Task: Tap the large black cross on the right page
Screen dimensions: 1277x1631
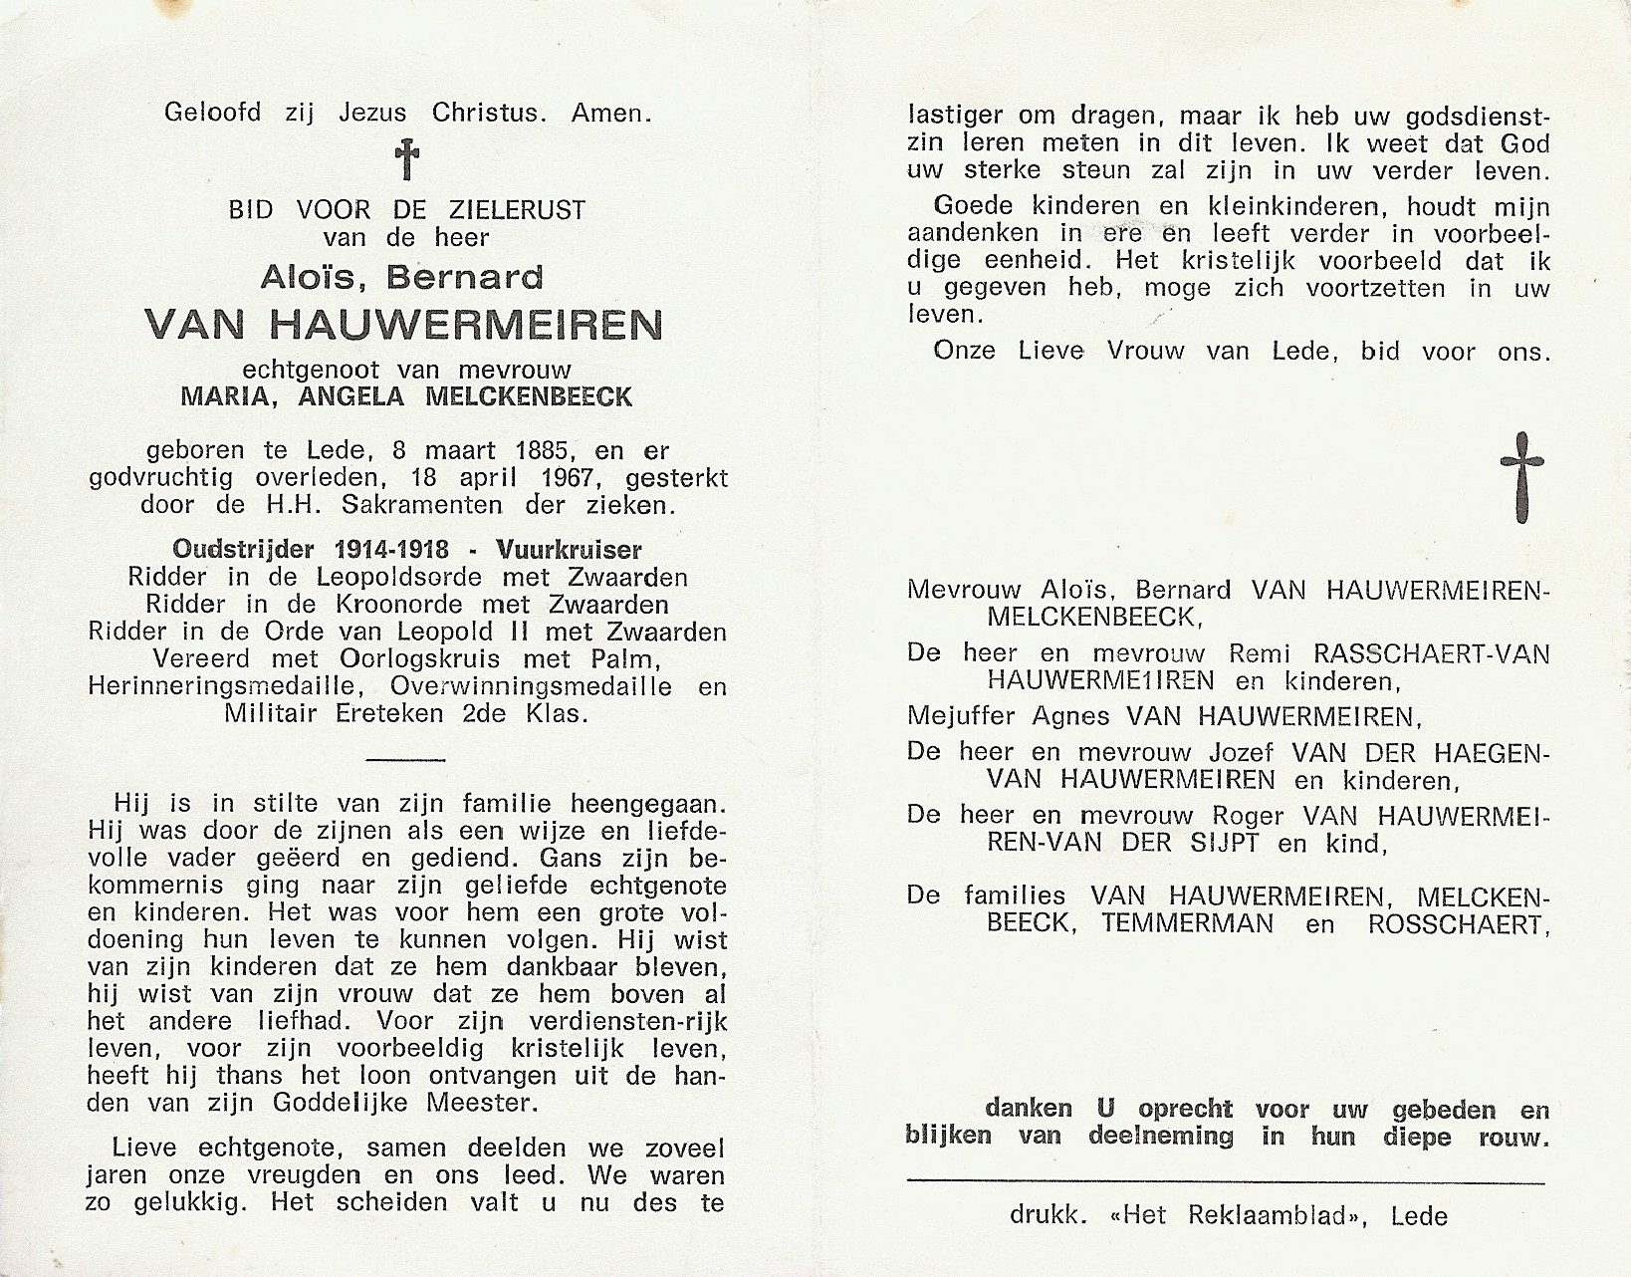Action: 1522,477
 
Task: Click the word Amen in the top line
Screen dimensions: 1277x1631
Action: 611,113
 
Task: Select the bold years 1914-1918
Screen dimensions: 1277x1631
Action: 391,549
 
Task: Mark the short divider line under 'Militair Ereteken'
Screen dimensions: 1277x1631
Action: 405,759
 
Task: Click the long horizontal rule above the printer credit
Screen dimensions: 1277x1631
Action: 1226,1182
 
